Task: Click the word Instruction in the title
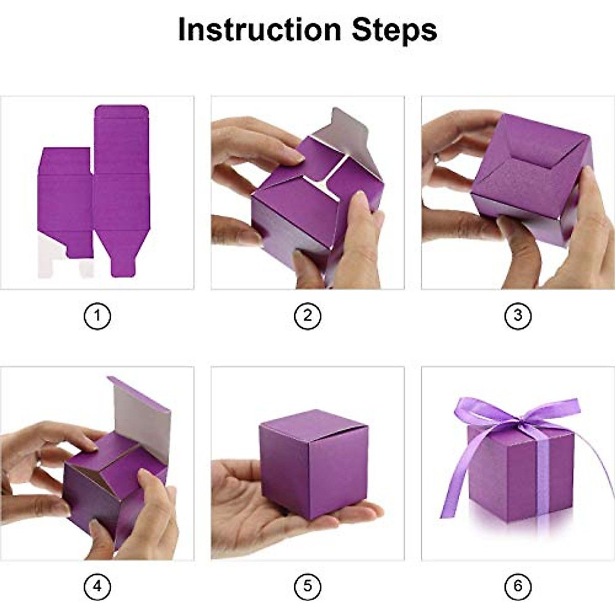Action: click(259, 30)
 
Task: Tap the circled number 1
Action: click(97, 316)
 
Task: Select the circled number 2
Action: click(307, 316)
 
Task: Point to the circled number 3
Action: click(518, 316)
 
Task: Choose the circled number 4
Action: click(97, 586)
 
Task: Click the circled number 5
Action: click(307, 586)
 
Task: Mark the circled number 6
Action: click(518, 586)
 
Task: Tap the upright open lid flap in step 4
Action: click(141, 415)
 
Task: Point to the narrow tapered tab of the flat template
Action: click(122, 256)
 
